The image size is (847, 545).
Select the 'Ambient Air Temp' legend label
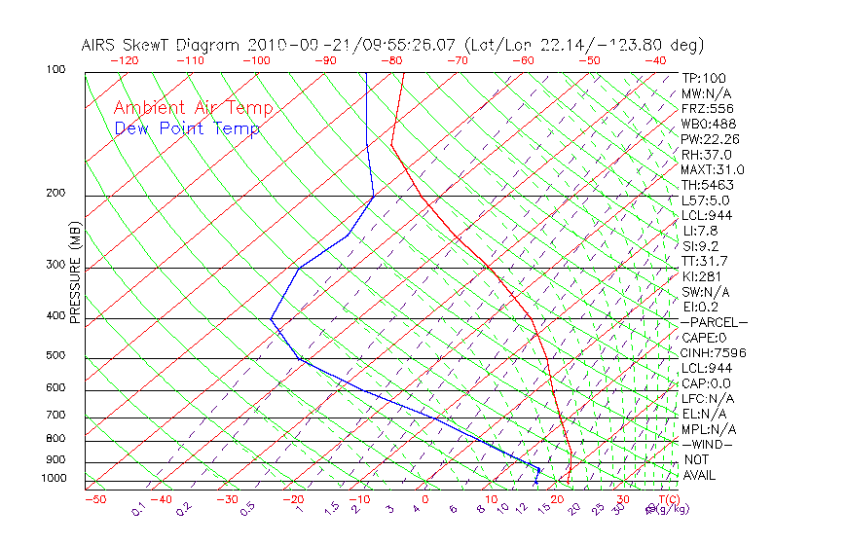[193, 108]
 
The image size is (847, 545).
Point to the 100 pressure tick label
[55, 70]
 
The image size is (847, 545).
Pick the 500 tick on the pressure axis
[55, 356]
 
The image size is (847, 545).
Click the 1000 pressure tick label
[53, 479]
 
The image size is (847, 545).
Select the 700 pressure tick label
[55, 417]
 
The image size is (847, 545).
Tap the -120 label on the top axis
[124, 60]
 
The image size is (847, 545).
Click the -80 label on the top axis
[391, 60]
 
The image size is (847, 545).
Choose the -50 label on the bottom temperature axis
[94, 500]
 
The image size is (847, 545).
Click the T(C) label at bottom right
[667, 500]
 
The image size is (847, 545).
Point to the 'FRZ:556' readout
[707, 109]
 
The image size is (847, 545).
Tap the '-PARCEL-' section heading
[714, 322]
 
